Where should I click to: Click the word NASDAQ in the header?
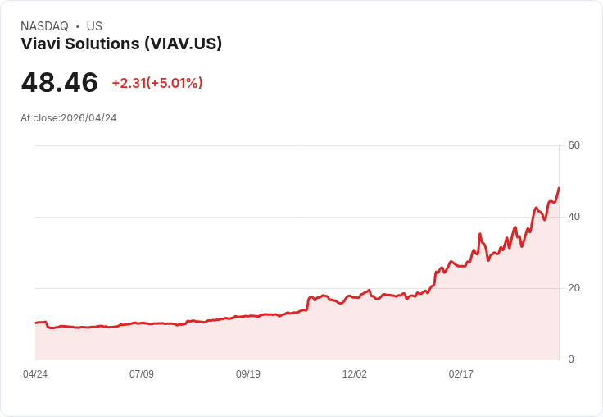(x=44, y=26)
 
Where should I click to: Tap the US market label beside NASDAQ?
(x=94, y=26)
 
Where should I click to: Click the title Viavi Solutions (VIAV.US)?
(x=121, y=44)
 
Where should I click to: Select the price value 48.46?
(x=59, y=83)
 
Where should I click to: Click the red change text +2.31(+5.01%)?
(x=157, y=83)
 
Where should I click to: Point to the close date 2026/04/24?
(x=88, y=118)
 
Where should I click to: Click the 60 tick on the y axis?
(x=574, y=145)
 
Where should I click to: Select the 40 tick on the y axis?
(x=574, y=217)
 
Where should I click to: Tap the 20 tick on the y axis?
(x=574, y=288)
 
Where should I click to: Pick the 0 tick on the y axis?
(x=571, y=360)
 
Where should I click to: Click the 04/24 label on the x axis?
(x=35, y=374)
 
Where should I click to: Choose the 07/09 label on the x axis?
(x=142, y=374)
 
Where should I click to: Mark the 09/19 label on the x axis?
(x=248, y=374)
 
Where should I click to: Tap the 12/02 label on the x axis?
(x=355, y=374)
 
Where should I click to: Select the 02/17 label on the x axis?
(x=461, y=374)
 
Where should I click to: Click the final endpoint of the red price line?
(x=559, y=188)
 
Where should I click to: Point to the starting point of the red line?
(x=36, y=323)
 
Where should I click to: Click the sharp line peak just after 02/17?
(x=480, y=234)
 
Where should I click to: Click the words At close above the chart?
(x=39, y=118)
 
